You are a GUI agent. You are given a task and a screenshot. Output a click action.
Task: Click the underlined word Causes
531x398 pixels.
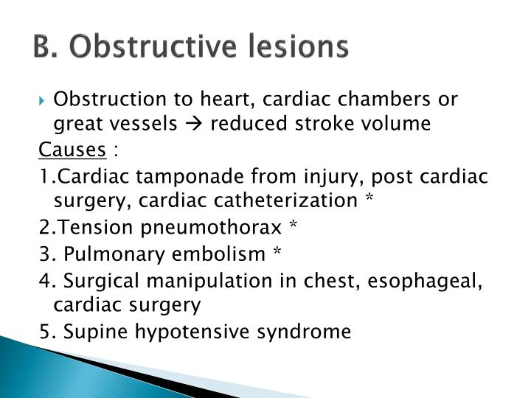click(x=72, y=150)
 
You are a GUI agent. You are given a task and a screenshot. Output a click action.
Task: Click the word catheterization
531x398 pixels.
click(x=288, y=201)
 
